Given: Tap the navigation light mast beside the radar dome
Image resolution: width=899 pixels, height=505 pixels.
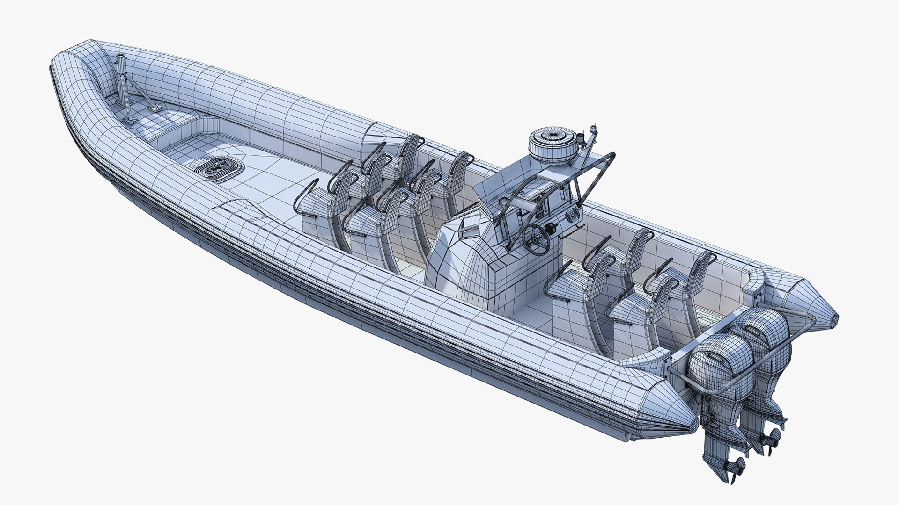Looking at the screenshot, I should [x=595, y=136].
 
